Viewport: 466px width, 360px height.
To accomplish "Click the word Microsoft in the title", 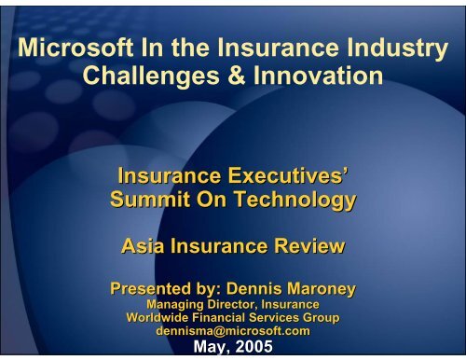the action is click(75, 48).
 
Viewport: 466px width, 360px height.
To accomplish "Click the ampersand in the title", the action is click(237, 76).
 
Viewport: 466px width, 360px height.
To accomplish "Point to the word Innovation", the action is click(318, 76).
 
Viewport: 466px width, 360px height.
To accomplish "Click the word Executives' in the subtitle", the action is click(287, 175).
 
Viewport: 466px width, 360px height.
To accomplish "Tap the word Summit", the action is click(150, 199).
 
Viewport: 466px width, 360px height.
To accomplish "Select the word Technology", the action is click(295, 201).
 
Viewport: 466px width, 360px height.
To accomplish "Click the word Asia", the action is click(143, 246).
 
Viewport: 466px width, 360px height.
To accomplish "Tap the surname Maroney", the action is click(322, 289).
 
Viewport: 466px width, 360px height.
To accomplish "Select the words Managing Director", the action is click(202, 304).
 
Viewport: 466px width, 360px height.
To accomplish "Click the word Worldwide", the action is click(158, 317).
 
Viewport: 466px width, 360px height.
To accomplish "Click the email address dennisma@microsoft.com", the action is click(233, 331).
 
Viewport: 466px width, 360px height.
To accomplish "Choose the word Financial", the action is click(218, 317).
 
